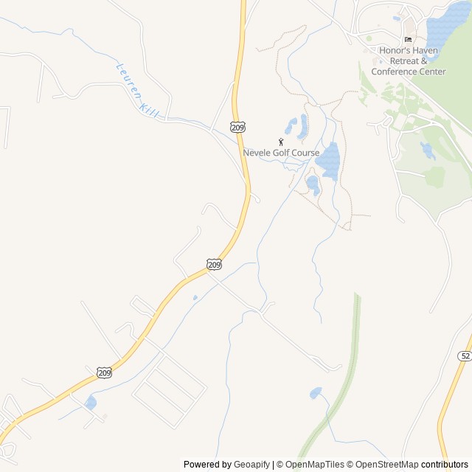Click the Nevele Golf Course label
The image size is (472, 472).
tap(281, 153)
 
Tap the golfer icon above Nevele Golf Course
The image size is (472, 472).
tap(281, 141)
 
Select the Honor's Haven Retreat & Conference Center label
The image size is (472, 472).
tap(409, 60)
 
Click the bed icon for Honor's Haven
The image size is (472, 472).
tap(408, 40)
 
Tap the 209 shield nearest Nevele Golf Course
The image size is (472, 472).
tap(237, 127)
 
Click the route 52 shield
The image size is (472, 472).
tap(464, 355)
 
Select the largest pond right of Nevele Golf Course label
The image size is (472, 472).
tap(328, 161)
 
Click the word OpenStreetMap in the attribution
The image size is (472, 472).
tap(387, 465)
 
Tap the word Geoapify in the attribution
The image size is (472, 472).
tap(252, 465)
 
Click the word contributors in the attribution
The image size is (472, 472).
tap(445, 465)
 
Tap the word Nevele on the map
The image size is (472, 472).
tap(258, 153)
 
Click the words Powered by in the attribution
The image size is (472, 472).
tap(207, 465)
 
